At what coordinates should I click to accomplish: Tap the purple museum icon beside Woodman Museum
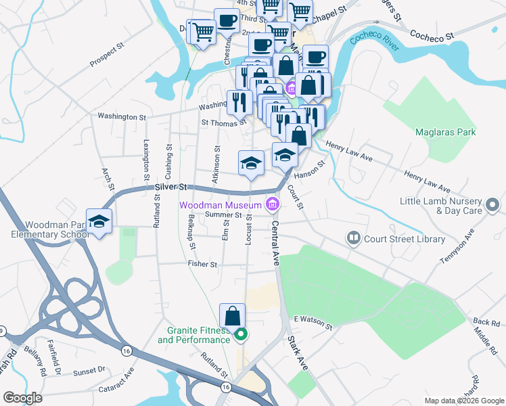[272, 204]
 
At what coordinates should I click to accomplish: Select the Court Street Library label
[405, 238]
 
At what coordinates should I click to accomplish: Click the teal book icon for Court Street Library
[353, 238]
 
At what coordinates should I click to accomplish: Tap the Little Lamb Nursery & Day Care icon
[493, 204]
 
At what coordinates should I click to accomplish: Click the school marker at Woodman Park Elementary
[99, 221]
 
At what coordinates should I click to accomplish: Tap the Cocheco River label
[374, 40]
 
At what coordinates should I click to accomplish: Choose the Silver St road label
[170, 185]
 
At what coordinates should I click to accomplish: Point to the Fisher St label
[202, 265]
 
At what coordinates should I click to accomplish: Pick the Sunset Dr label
[89, 371]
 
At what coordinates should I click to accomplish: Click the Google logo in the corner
[23, 398]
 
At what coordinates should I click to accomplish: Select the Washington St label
[121, 116]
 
